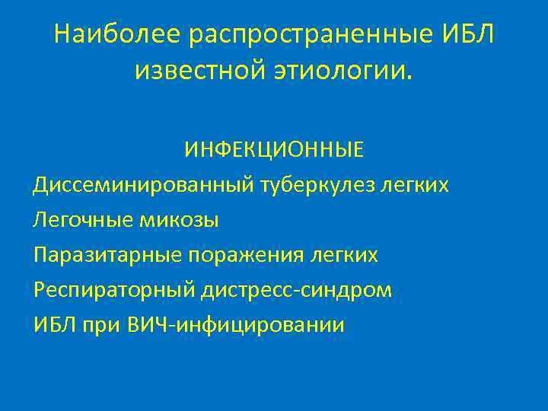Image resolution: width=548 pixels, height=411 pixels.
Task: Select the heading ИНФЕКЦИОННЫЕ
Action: point(273,151)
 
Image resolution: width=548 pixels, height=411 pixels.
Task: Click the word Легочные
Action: point(83,220)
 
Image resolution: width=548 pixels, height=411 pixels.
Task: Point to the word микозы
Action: point(179,220)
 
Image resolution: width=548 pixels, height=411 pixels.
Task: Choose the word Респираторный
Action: point(115,290)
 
